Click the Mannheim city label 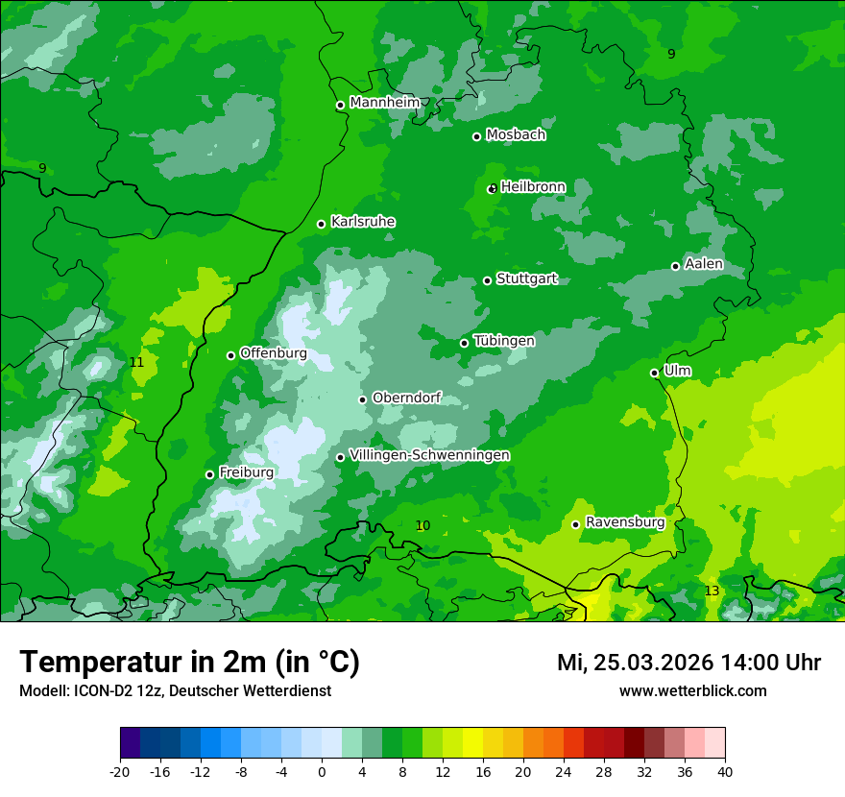[x=384, y=102]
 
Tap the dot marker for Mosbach [x=476, y=136]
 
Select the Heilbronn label [x=533, y=186]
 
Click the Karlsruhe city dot [x=322, y=225]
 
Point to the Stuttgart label [x=526, y=278]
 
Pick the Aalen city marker [x=675, y=266]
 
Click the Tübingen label [x=504, y=340]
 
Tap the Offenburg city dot [x=230, y=355]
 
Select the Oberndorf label [x=406, y=398]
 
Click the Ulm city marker [x=654, y=373]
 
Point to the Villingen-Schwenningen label [x=429, y=454]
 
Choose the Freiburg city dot [x=209, y=474]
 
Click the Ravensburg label [x=625, y=522]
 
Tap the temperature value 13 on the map [x=712, y=591]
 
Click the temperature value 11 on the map [x=136, y=362]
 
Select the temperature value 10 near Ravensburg [x=422, y=525]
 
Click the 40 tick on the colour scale [x=724, y=771]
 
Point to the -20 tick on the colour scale [x=119, y=771]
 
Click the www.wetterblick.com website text [x=692, y=690]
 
